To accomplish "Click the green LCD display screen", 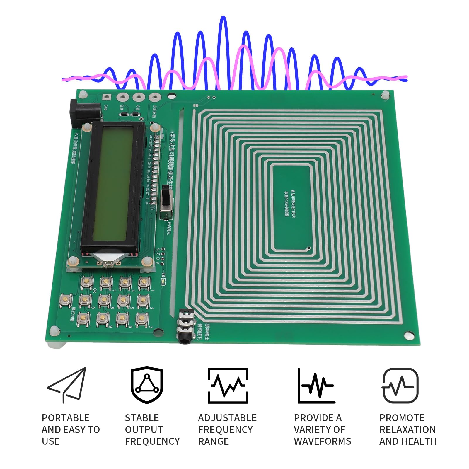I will [x=112, y=185].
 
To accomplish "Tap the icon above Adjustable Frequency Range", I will [x=228, y=385].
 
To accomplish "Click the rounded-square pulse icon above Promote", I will [x=400, y=385].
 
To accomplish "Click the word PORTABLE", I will [x=65, y=418].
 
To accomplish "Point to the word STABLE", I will [x=142, y=418].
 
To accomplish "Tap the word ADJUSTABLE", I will [x=227, y=418].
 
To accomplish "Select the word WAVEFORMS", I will [x=322, y=441].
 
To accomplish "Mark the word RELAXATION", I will [x=407, y=429].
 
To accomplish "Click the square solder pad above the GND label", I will [x=106, y=97].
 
